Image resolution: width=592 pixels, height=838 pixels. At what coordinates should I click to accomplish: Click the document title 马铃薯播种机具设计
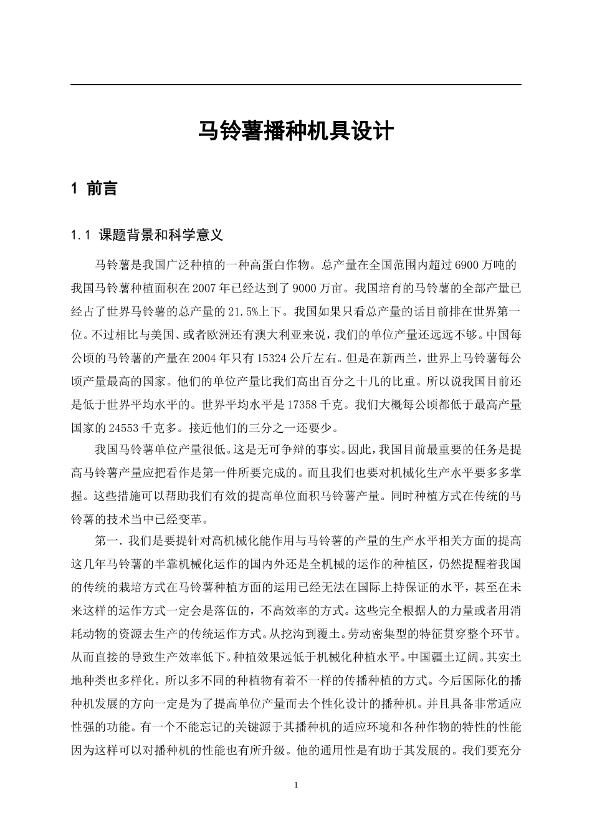295,132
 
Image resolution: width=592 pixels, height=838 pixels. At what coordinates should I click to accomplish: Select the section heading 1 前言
95,189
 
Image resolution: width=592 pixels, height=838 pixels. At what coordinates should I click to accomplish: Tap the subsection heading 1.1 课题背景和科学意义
148,235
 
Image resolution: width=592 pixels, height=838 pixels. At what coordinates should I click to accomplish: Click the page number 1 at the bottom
296,785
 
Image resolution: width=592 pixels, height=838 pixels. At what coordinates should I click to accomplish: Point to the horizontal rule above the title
295,85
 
